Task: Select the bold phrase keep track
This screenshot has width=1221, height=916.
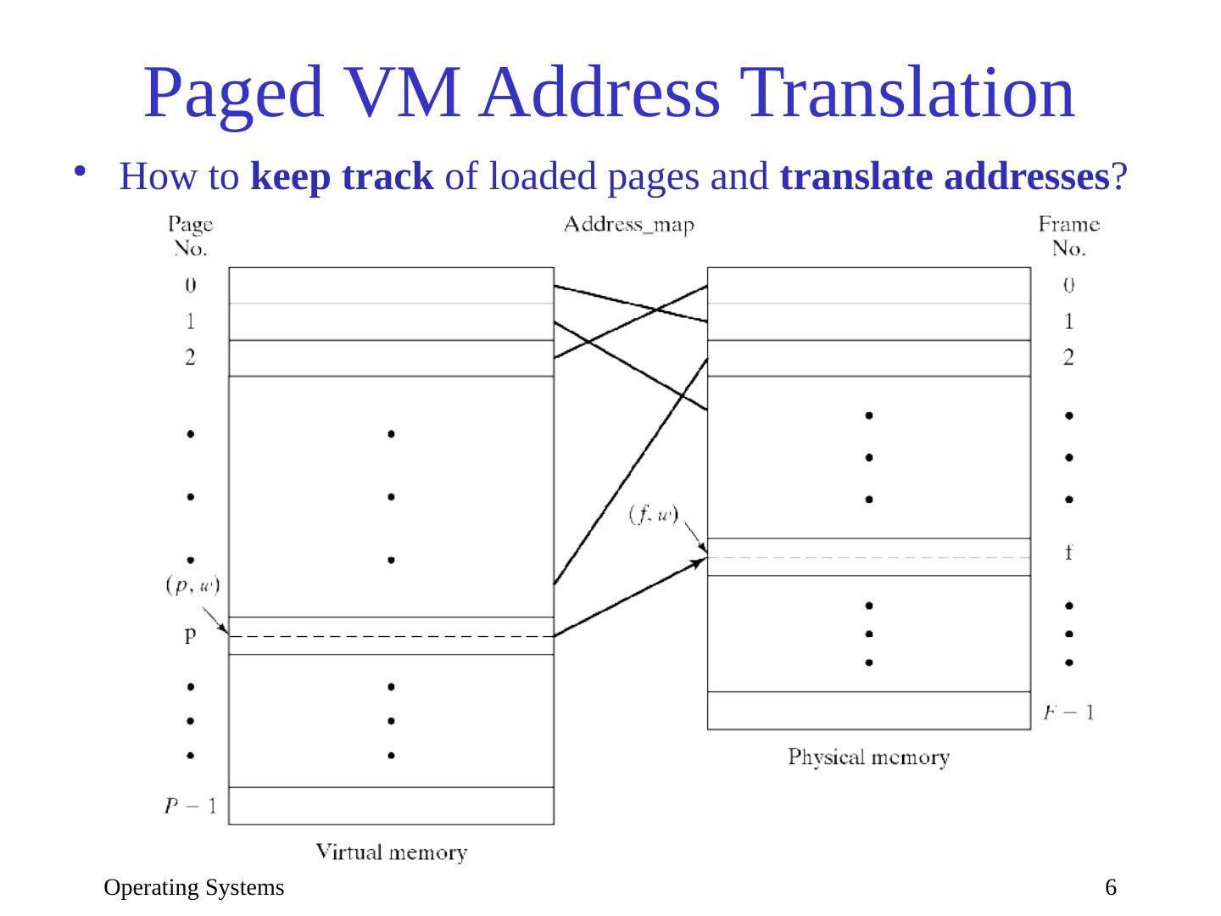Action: [x=343, y=177]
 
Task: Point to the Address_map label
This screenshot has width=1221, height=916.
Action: [x=628, y=226]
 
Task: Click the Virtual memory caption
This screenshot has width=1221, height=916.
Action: [x=392, y=852]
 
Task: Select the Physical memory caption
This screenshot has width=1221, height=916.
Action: [x=868, y=757]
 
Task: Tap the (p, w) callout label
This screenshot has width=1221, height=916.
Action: [x=192, y=585]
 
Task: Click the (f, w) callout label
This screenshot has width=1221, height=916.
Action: [x=654, y=514]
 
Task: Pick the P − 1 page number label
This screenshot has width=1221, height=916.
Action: [x=191, y=806]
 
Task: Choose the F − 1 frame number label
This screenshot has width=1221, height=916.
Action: [x=1068, y=712]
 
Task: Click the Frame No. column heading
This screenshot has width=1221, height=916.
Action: [x=1068, y=236]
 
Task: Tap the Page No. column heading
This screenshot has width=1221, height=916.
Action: [x=191, y=236]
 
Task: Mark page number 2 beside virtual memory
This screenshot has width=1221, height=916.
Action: [x=190, y=357]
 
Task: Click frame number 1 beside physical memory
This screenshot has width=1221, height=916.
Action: [x=1068, y=321]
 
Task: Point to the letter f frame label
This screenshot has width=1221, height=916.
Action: [x=1068, y=553]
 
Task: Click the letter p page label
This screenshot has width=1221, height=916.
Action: [x=190, y=634]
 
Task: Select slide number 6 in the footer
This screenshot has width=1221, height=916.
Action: [x=1110, y=888]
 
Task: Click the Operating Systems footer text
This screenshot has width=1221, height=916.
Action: [x=194, y=888]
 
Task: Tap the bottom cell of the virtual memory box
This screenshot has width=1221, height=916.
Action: [x=391, y=806]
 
